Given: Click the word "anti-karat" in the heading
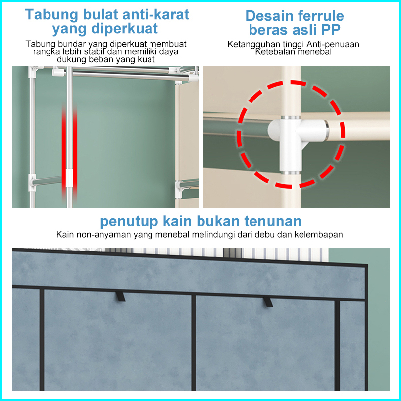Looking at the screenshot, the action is pos(155,14).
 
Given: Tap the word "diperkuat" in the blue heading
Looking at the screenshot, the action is pos(125,28).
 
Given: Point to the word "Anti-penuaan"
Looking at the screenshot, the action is pos(333,44).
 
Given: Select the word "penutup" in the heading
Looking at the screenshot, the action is pos(129,222).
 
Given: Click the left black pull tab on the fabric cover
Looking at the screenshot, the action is pos(120,297).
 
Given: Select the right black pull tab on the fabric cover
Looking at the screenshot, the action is pos(268,302).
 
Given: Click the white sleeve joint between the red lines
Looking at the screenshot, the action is pos(69,178).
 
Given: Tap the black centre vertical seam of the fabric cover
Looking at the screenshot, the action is pos(194,343).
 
